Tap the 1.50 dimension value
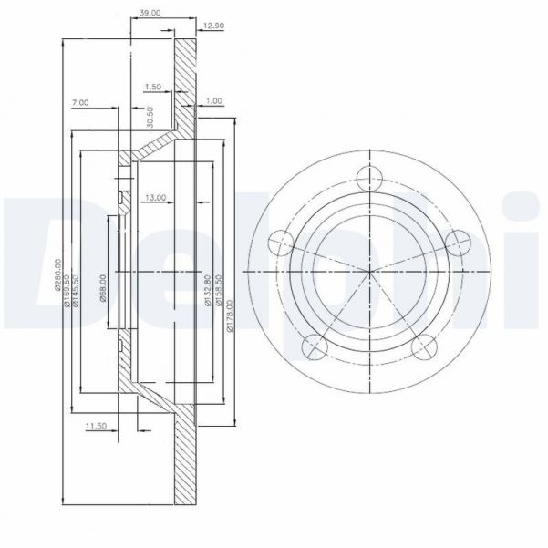click(x=153, y=87)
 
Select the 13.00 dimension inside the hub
click(x=154, y=197)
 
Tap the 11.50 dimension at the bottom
click(x=96, y=424)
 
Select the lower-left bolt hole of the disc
click(x=314, y=346)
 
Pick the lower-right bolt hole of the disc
click(x=424, y=347)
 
